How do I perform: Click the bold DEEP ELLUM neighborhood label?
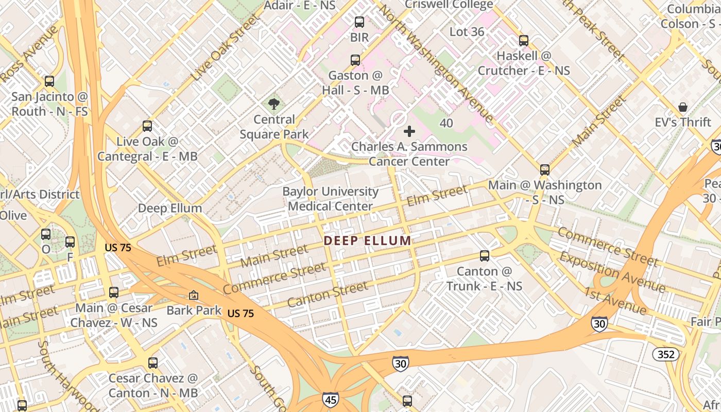pos(368,241)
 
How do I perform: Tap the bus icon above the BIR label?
pos(359,22)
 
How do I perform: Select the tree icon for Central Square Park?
pos(274,105)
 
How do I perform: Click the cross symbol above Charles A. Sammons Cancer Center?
pos(409,131)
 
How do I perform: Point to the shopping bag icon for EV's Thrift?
pos(683,107)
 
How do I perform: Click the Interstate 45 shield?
pos(330,399)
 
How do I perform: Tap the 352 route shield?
pos(665,354)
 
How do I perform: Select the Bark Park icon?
pos(194,295)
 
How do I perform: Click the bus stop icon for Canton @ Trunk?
pos(484,256)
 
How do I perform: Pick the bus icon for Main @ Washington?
pos(545,169)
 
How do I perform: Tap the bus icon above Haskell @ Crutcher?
pos(524,40)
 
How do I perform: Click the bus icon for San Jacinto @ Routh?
pos(49,81)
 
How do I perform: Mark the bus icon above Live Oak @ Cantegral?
pos(147,126)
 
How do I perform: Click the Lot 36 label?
pos(467,32)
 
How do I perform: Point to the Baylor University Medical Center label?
pos(330,199)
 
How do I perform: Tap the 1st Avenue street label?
pos(615,301)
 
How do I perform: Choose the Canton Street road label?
pos(328,295)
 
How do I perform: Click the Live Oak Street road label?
pos(225,48)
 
